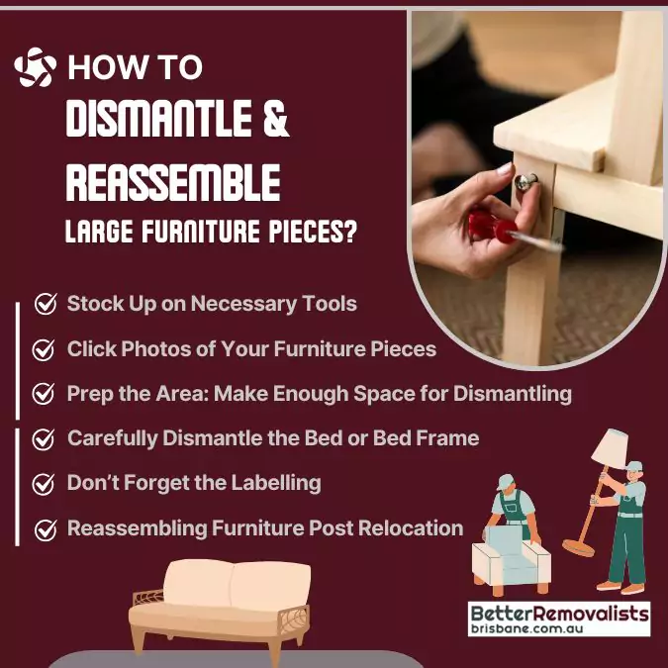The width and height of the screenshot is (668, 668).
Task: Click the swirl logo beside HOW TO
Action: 35,67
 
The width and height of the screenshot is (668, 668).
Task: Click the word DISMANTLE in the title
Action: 158,119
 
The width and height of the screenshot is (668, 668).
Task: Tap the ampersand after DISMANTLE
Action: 276,119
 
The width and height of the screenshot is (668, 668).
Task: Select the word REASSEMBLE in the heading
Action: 173,182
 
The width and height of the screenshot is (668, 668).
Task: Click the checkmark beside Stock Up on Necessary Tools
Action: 46,304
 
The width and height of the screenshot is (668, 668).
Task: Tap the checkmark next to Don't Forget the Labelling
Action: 43,484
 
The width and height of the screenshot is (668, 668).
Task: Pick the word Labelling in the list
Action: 276,483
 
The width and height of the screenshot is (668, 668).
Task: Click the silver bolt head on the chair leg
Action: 525,182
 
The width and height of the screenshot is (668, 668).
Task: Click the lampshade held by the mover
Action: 610,447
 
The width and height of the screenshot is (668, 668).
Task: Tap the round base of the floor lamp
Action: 578,547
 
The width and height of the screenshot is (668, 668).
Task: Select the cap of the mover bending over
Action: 506,481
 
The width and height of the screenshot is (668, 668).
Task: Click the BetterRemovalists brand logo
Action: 559,619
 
